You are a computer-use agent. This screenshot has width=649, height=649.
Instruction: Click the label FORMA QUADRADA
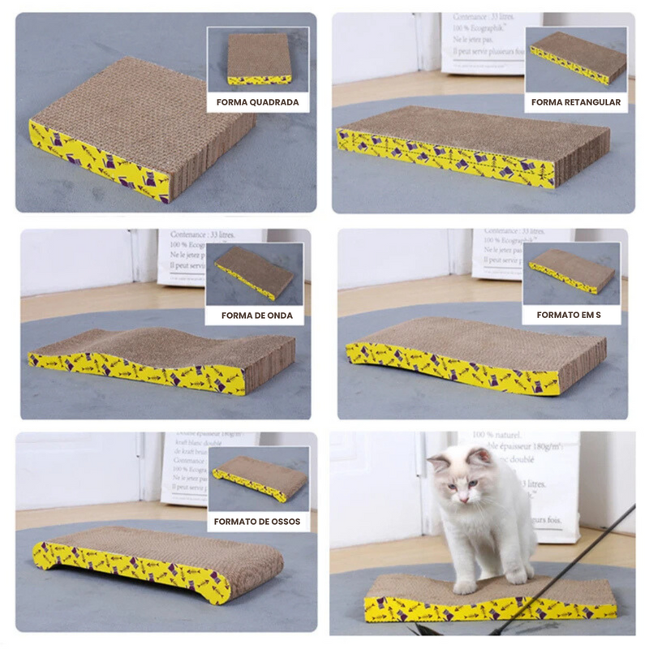257,103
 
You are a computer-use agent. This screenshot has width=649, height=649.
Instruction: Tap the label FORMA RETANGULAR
576,103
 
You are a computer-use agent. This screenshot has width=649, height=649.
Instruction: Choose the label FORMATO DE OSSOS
257,522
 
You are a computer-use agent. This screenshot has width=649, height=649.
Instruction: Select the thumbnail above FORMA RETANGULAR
576,58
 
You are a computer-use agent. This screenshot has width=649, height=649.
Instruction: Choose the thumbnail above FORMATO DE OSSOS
257,479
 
